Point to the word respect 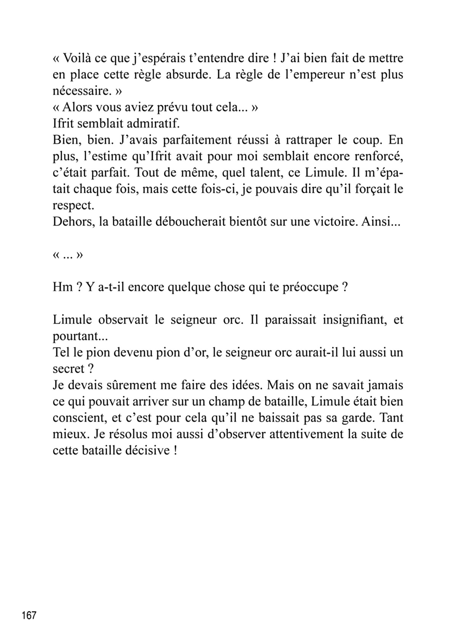(73, 206)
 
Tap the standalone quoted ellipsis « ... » (67, 255)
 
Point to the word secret (69, 369)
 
